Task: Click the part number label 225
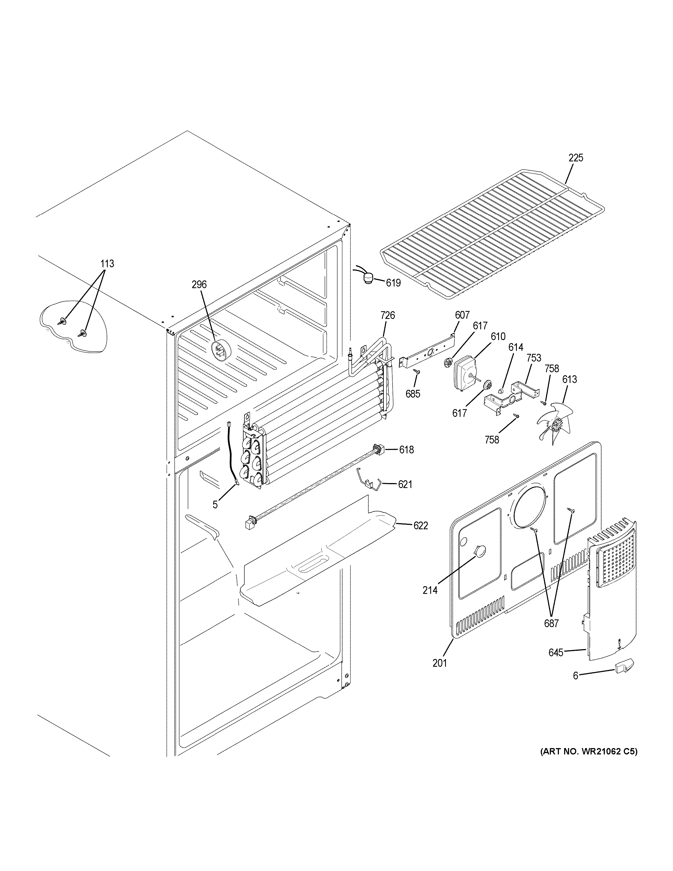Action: pyautogui.click(x=575, y=158)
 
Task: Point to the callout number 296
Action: pyautogui.click(x=199, y=284)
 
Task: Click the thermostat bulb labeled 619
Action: pyautogui.click(x=369, y=276)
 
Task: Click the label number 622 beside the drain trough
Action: pyautogui.click(x=420, y=526)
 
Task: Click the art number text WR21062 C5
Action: pyautogui.click(x=589, y=751)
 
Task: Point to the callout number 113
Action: pyautogui.click(x=107, y=264)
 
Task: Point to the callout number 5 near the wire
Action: pyautogui.click(x=215, y=505)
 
